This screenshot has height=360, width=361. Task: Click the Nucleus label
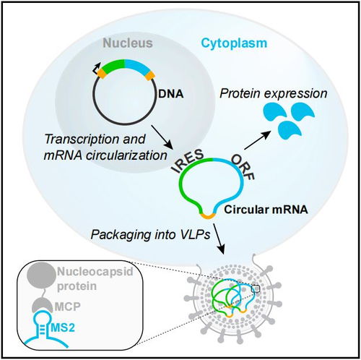coord(128,43)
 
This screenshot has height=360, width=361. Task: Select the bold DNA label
coord(170,94)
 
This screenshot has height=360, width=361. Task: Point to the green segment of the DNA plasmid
coord(113,64)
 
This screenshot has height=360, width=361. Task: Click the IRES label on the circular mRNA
coord(188,160)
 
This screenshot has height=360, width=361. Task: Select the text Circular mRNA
coord(266,210)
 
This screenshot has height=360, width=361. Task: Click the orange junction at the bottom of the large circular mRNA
coord(207,216)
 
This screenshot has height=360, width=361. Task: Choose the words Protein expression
coord(274,93)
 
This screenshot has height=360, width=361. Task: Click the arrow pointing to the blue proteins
coord(258,140)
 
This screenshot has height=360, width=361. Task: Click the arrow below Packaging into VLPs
coord(219,239)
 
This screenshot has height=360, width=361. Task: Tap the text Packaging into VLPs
coord(150,234)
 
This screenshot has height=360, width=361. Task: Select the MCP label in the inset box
coord(68,307)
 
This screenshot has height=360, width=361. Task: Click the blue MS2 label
coord(63,327)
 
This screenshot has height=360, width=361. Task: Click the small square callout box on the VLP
coord(256,288)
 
